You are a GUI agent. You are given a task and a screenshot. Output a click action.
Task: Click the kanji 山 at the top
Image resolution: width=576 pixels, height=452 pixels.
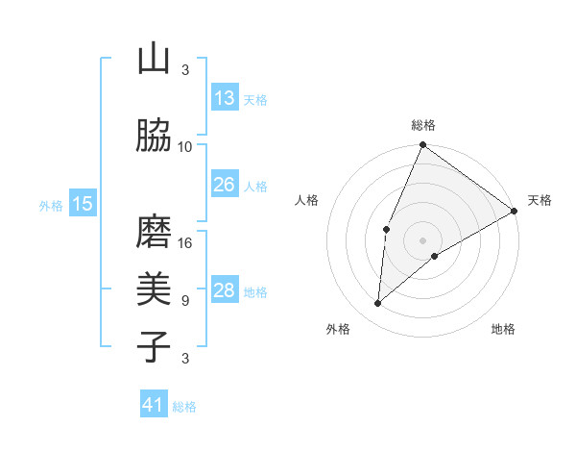[154, 60]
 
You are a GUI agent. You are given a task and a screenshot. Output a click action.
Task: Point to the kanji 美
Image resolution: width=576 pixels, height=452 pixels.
[154, 289]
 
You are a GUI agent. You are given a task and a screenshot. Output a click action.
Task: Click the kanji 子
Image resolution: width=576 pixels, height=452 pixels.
[154, 346]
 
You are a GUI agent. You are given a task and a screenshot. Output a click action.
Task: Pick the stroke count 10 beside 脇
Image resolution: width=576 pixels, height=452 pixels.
[185, 146]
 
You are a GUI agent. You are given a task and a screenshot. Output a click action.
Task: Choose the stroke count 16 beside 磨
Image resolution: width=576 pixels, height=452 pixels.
[185, 242]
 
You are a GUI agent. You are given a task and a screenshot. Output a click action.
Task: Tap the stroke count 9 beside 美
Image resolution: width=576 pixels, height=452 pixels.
[185, 300]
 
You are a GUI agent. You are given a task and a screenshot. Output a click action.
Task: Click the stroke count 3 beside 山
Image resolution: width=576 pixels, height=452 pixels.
[185, 69]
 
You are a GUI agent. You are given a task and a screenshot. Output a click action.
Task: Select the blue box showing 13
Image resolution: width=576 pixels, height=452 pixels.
[224, 97]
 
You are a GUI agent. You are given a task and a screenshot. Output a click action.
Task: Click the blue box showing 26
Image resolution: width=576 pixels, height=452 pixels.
[224, 185]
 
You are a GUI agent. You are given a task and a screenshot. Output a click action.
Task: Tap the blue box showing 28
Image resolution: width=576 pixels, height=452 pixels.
[224, 290]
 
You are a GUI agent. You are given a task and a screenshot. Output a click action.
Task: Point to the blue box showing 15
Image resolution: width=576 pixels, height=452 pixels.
[82, 203]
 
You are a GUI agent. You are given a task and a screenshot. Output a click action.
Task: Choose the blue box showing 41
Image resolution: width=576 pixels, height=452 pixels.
[154, 405]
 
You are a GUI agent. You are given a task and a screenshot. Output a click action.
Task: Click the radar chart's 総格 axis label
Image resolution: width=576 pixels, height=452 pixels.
[423, 125]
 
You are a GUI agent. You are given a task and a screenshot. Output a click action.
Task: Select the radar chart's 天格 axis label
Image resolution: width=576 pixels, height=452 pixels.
[540, 200]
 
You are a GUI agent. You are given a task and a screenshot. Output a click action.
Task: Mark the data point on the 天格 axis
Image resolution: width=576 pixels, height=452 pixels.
[515, 211]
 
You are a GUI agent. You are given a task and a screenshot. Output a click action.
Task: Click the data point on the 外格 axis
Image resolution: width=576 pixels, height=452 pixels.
[378, 304]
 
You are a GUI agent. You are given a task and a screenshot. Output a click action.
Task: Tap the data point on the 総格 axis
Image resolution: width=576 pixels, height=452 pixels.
[423, 145]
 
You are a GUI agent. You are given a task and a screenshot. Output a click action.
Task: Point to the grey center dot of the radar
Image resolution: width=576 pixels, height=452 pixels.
[423, 239]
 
